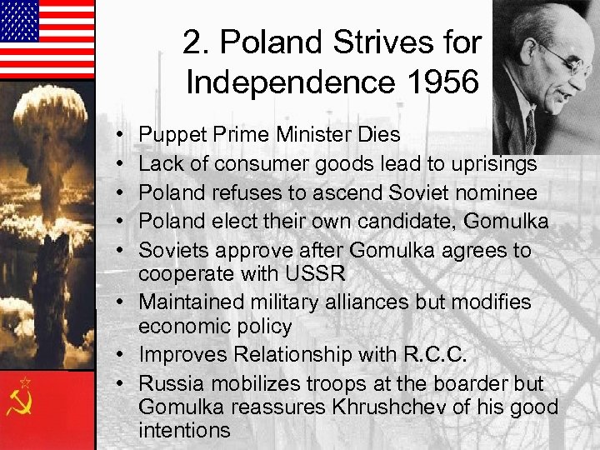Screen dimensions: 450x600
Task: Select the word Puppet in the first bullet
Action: (x=168, y=135)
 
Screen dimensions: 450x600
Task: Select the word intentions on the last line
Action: (x=184, y=431)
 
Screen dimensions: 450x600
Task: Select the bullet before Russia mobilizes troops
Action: (x=122, y=384)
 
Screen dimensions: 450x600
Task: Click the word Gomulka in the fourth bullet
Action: (x=510, y=222)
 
